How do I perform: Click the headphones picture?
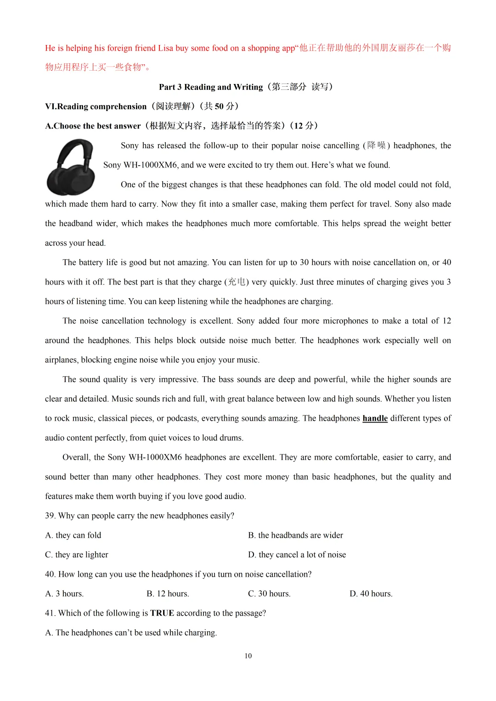(x=71, y=167)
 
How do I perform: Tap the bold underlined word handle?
(x=375, y=418)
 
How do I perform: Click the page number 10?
(x=248, y=656)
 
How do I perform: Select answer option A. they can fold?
(x=73, y=535)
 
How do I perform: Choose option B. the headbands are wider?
(x=295, y=535)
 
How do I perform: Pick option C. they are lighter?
(x=77, y=555)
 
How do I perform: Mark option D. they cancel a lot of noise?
(x=297, y=555)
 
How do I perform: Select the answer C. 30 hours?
(x=269, y=594)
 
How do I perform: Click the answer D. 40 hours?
(x=371, y=594)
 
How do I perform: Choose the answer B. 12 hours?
(x=168, y=594)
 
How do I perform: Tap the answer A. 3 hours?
(x=64, y=594)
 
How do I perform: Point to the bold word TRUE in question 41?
(x=162, y=613)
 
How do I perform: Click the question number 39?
(x=50, y=516)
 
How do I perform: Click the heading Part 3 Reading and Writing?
(x=211, y=87)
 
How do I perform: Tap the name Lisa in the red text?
(x=165, y=48)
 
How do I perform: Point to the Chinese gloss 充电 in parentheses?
(x=237, y=282)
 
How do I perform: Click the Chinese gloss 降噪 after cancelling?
(x=377, y=145)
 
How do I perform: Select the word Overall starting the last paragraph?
(x=76, y=457)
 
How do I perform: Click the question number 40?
(x=50, y=574)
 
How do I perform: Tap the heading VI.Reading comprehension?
(x=96, y=106)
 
